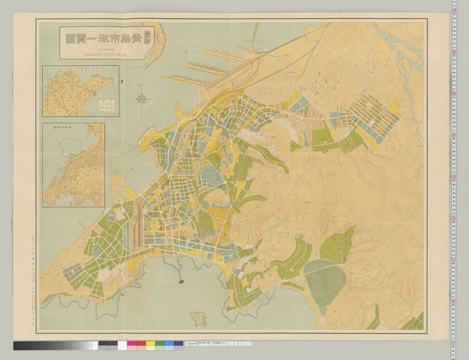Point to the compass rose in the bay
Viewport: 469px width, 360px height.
coord(142,98)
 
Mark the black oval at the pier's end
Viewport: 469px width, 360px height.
coord(181,281)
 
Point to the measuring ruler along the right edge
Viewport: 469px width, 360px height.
coord(455,176)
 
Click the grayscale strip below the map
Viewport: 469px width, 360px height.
coord(56,345)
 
